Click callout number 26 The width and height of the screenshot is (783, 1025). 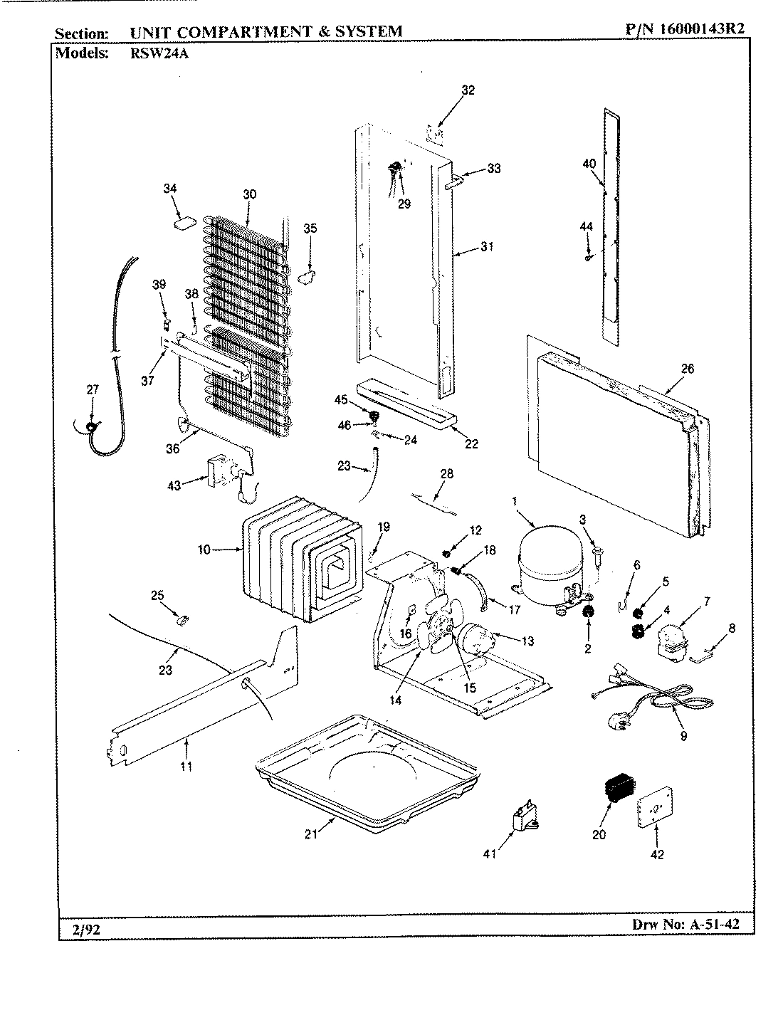pos(687,369)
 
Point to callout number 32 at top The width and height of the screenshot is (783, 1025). pos(468,90)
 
